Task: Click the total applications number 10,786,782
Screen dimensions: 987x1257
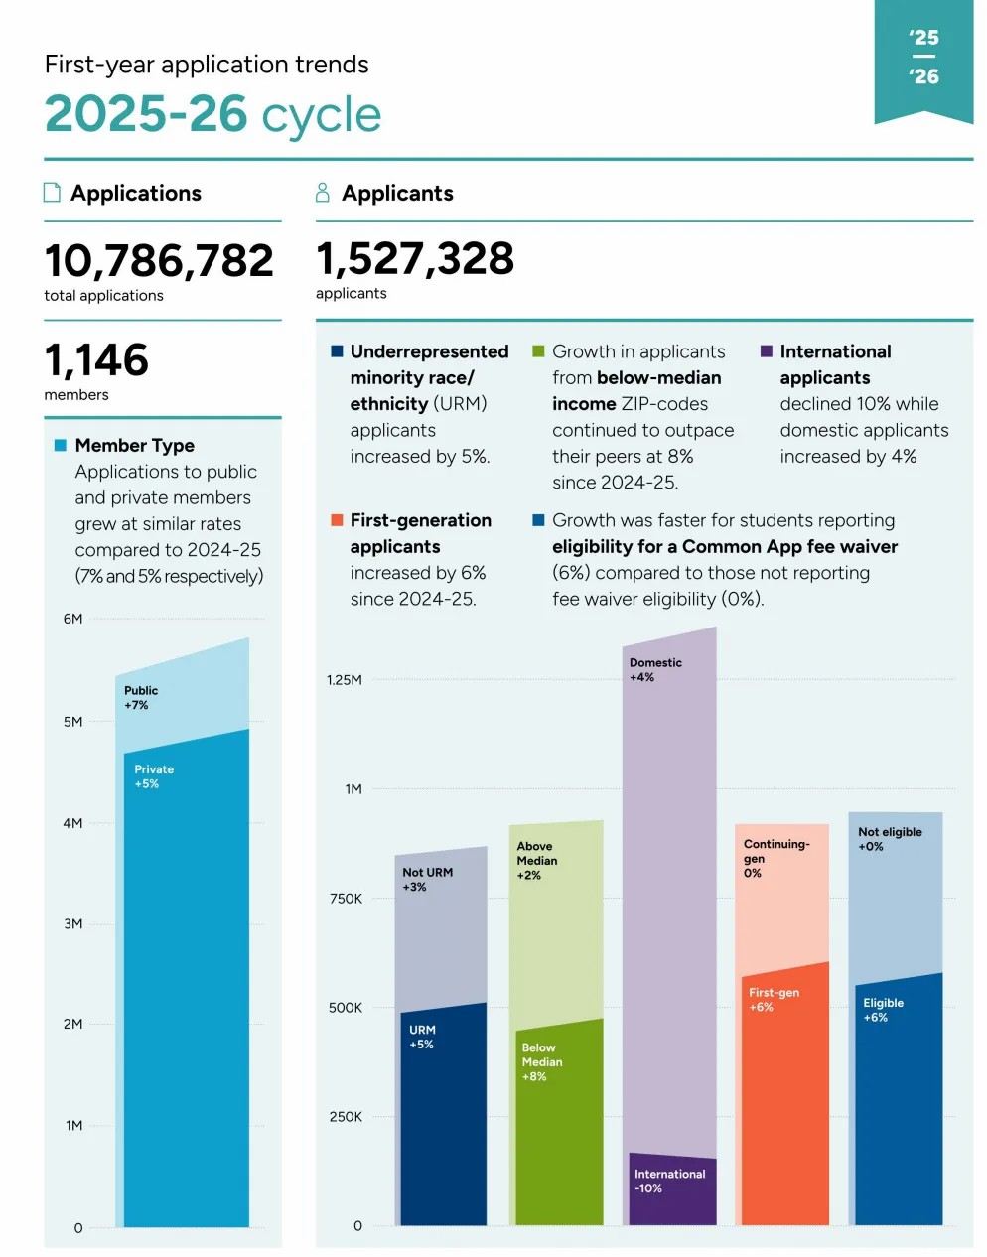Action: click(x=159, y=260)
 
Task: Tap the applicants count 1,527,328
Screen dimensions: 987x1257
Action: click(x=415, y=258)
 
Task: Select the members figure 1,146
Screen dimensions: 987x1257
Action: click(x=96, y=359)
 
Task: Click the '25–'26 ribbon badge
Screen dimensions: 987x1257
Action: click(x=923, y=61)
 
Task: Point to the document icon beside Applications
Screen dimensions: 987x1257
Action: click(x=52, y=193)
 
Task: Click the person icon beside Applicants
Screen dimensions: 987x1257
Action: click(x=323, y=193)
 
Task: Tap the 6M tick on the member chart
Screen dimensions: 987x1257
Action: click(x=72, y=619)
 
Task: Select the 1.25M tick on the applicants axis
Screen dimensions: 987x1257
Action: click(x=345, y=680)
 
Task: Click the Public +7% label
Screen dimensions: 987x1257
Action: click(x=141, y=698)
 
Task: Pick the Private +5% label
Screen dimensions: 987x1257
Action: click(x=154, y=776)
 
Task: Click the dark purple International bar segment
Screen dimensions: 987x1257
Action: click(x=672, y=1189)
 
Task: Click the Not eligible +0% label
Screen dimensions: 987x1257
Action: click(x=890, y=839)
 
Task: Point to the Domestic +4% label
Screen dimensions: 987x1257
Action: click(x=655, y=670)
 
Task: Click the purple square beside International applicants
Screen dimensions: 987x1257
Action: click(x=766, y=351)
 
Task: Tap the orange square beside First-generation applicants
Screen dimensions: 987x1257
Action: click(x=337, y=520)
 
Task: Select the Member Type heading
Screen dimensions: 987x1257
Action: click(x=135, y=446)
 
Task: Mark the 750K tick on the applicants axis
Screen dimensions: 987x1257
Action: click(x=346, y=899)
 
